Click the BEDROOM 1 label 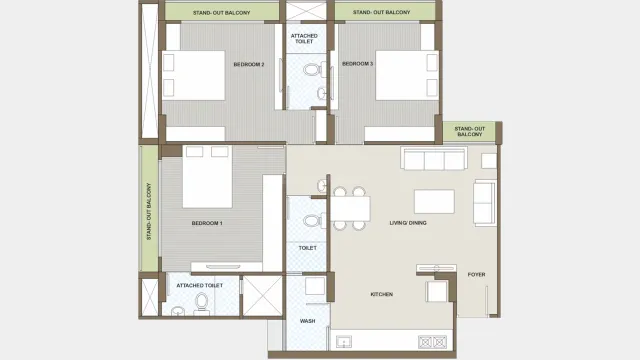click(x=207, y=223)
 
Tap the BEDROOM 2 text click(x=248, y=64)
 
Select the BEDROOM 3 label click(x=357, y=64)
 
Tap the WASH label click(x=307, y=321)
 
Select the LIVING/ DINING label click(x=408, y=223)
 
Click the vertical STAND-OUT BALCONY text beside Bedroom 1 click(x=149, y=211)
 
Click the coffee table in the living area click(x=433, y=201)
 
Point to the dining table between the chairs click(x=349, y=208)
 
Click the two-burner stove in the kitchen click(x=434, y=342)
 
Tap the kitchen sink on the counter click(x=347, y=343)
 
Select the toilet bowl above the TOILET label click(x=312, y=220)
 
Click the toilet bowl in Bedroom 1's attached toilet click(x=202, y=301)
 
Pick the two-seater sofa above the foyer click(x=485, y=203)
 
